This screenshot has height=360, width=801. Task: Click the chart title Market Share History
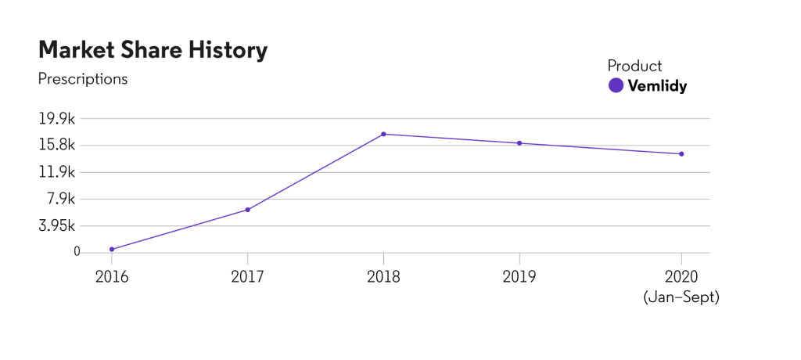pyautogui.click(x=153, y=50)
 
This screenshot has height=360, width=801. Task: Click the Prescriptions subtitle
pyautogui.click(x=82, y=79)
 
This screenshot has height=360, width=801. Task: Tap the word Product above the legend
pyautogui.click(x=634, y=66)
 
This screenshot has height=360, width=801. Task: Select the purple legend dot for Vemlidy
pyautogui.click(x=616, y=86)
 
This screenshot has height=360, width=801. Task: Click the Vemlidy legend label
pyautogui.click(x=657, y=86)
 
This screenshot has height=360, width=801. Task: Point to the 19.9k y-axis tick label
pyautogui.click(x=59, y=119)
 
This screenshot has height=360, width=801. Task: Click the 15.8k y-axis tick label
pyautogui.click(x=59, y=146)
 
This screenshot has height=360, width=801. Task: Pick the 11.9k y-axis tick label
pyautogui.click(x=59, y=172)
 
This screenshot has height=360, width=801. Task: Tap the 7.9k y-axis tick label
pyautogui.click(x=62, y=199)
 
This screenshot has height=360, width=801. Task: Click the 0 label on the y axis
pyautogui.click(x=77, y=252)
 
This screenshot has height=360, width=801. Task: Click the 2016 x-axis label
pyautogui.click(x=112, y=276)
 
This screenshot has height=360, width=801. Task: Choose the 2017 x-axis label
pyautogui.click(x=247, y=276)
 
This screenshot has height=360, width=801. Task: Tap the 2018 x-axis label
pyautogui.click(x=383, y=276)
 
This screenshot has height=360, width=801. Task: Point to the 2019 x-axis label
pyautogui.click(x=519, y=276)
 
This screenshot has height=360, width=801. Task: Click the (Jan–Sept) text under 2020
pyautogui.click(x=681, y=298)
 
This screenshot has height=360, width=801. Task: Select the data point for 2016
pyautogui.click(x=112, y=249)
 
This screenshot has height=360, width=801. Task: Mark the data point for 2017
pyautogui.click(x=247, y=210)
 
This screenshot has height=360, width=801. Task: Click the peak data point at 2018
pyautogui.click(x=383, y=134)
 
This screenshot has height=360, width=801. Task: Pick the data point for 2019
pyautogui.click(x=519, y=143)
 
